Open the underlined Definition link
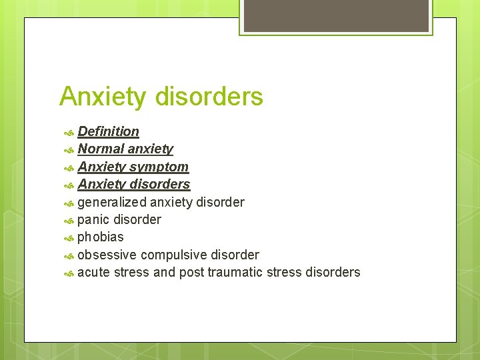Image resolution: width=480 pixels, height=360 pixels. [x=108, y=131]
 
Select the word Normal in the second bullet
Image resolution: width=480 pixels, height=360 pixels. [x=101, y=149]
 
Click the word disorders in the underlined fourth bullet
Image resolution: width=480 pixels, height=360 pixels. [x=160, y=184]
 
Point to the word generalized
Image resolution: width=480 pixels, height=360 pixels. [x=111, y=202]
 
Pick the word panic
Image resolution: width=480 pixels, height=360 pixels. [x=93, y=219]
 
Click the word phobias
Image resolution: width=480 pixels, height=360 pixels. [x=101, y=237]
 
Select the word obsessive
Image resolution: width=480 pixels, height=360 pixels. [x=107, y=255]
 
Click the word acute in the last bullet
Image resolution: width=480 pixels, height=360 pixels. [x=93, y=272]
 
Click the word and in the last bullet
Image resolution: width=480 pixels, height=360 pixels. [x=164, y=272]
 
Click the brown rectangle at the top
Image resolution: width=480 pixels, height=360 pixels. [x=336, y=15]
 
